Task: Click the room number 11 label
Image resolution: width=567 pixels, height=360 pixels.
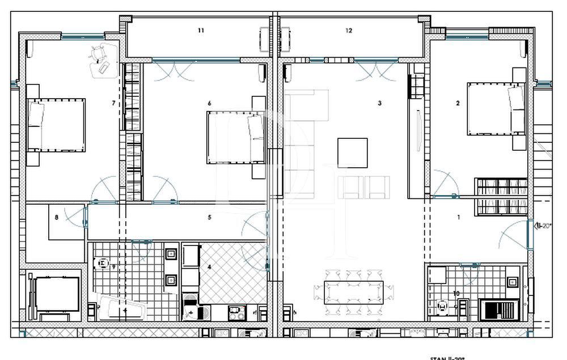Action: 201,31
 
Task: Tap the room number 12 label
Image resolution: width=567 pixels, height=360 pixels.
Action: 349,31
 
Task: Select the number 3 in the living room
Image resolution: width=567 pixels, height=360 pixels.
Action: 379,103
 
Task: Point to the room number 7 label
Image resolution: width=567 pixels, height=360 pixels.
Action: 114,103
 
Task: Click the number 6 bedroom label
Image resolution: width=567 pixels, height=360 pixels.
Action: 210,103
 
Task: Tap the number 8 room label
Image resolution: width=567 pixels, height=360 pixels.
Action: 57,217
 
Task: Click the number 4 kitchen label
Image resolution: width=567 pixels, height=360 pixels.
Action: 209,266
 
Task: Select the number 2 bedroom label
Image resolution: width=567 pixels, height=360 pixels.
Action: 458,103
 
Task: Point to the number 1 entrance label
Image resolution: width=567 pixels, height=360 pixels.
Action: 459,217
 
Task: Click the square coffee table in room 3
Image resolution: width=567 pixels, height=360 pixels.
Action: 352,153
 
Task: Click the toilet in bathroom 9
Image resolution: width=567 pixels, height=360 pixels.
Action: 103,264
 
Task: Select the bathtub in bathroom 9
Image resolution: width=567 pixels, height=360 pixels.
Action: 122,308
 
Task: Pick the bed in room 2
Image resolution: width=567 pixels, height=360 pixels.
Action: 495,109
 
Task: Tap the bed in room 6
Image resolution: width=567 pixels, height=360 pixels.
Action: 235,137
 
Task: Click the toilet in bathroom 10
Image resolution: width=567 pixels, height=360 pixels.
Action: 443,307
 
